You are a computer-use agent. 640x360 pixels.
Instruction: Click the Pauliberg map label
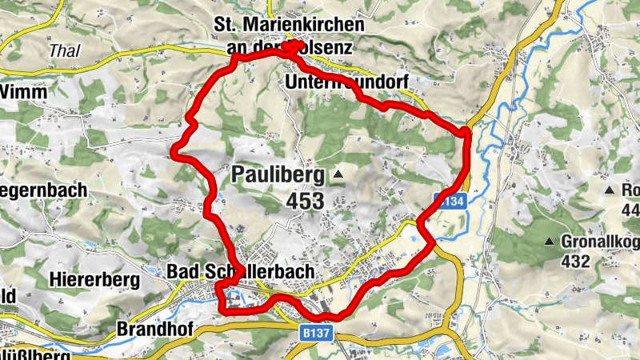[x=278, y=174]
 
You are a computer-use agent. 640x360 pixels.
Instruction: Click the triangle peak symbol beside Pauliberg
[x=338, y=174]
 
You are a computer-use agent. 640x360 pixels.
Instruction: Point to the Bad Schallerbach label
[x=240, y=272]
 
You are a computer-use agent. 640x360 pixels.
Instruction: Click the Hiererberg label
[x=94, y=280]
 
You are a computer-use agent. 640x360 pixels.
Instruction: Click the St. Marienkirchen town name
[x=288, y=26]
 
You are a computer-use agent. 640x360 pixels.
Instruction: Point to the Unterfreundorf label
[x=346, y=82]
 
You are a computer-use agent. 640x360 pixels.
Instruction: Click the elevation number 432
[x=576, y=262]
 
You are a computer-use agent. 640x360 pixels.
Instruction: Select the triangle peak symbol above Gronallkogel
[x=550, y=242]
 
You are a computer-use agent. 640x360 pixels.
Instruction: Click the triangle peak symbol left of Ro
[x=609, y=190]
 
